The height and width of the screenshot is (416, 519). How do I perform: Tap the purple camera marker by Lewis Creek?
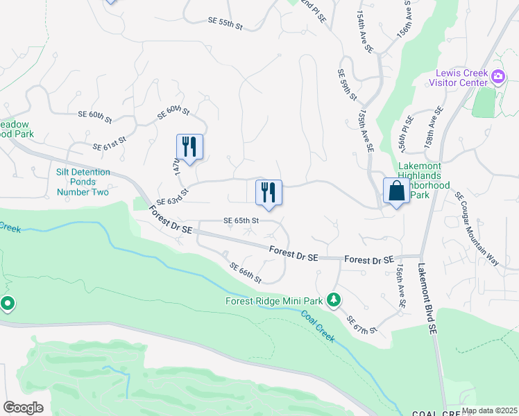tap(497, 76)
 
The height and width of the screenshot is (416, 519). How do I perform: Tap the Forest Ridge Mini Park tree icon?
tap(335, 299)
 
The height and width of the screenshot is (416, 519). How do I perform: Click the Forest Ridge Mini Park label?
tap(275, 301)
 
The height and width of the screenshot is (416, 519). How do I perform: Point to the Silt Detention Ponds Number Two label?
tap(83, 182)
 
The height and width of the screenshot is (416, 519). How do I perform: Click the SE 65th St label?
tap(241, 220)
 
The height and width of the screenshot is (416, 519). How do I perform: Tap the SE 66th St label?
tap(245, 273)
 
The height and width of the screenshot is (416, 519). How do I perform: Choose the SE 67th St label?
tap(361, 324)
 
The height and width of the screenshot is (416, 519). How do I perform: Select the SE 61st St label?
tap(110, 144)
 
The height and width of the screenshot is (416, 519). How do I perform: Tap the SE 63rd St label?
tap(172, 196)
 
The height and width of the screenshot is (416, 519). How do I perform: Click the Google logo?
tap(23, 408)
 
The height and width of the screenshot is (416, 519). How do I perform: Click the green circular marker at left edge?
tap(8, 304)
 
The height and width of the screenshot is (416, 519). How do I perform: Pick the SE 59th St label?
tap(347, 85)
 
